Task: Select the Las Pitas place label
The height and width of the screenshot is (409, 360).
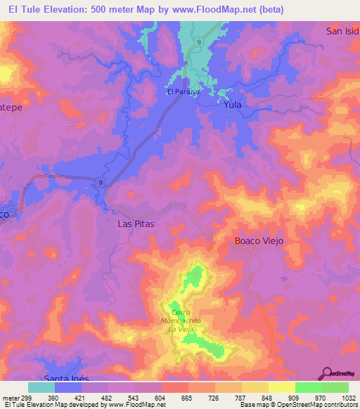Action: [134, 223]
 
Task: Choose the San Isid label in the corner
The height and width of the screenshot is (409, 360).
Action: [342, 31]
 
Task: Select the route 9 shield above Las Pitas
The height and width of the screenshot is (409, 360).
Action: [101, 183]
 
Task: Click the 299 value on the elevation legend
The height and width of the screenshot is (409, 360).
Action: [27, 398]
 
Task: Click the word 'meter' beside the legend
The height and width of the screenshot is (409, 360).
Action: [10, 398]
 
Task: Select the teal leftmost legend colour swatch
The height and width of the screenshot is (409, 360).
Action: [41, 387]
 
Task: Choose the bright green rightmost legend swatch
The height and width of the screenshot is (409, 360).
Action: [335, 387]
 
